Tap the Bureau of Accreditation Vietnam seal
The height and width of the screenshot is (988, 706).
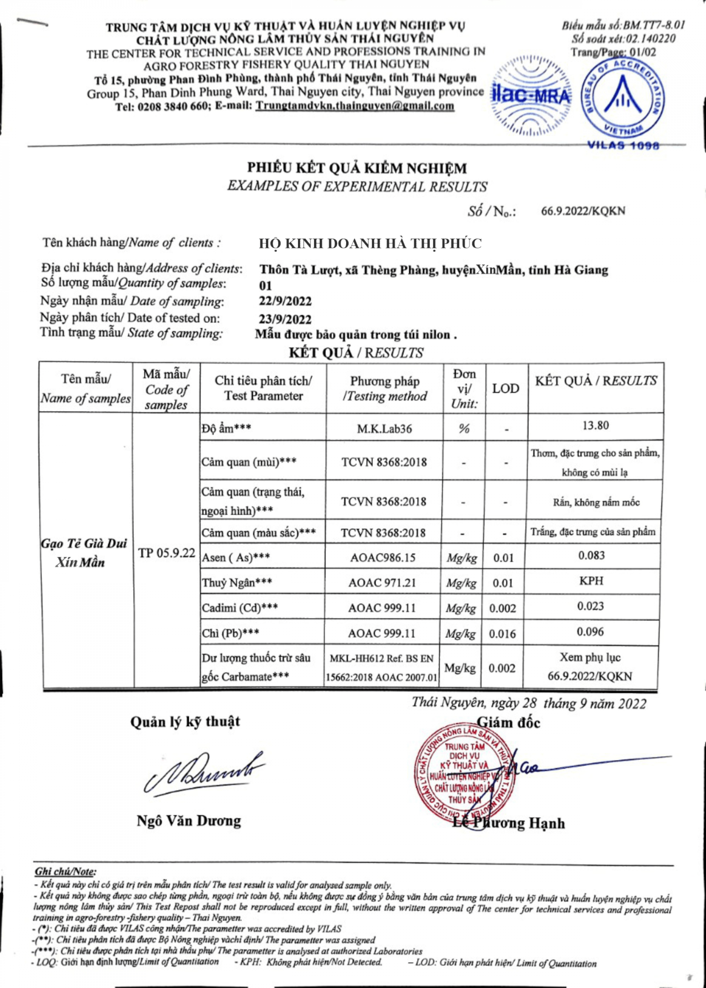[x=623, y=100]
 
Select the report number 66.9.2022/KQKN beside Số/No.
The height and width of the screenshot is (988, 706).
[x=582, y=212]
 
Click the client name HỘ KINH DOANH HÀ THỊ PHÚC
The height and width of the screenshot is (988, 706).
[x=370, y=244]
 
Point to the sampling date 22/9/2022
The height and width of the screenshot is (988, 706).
[x=285, y=301]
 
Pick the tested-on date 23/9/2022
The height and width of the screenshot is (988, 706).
[x=285, y=319]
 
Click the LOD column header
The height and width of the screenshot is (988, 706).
[x=506, y=388]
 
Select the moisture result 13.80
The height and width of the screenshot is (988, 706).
[x=595, y=425]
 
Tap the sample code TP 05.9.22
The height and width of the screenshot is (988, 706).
[x=166, y=553]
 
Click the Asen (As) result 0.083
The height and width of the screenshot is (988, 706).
[x=591, y=555]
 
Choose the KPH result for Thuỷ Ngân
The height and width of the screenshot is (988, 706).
[x=591, y=581]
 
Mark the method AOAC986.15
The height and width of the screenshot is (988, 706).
[x=383, y=558]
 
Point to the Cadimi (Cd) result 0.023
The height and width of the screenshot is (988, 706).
[x=591, y=606]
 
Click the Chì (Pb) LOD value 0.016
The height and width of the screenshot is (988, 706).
[x=502, y=634]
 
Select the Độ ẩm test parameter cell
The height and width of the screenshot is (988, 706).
[x=227, y=428]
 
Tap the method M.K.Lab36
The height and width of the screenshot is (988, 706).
[x=384, y=429]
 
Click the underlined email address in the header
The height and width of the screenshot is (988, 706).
[x=355, y=106]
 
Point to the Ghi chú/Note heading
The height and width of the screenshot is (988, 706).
[x=65, y=871]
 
